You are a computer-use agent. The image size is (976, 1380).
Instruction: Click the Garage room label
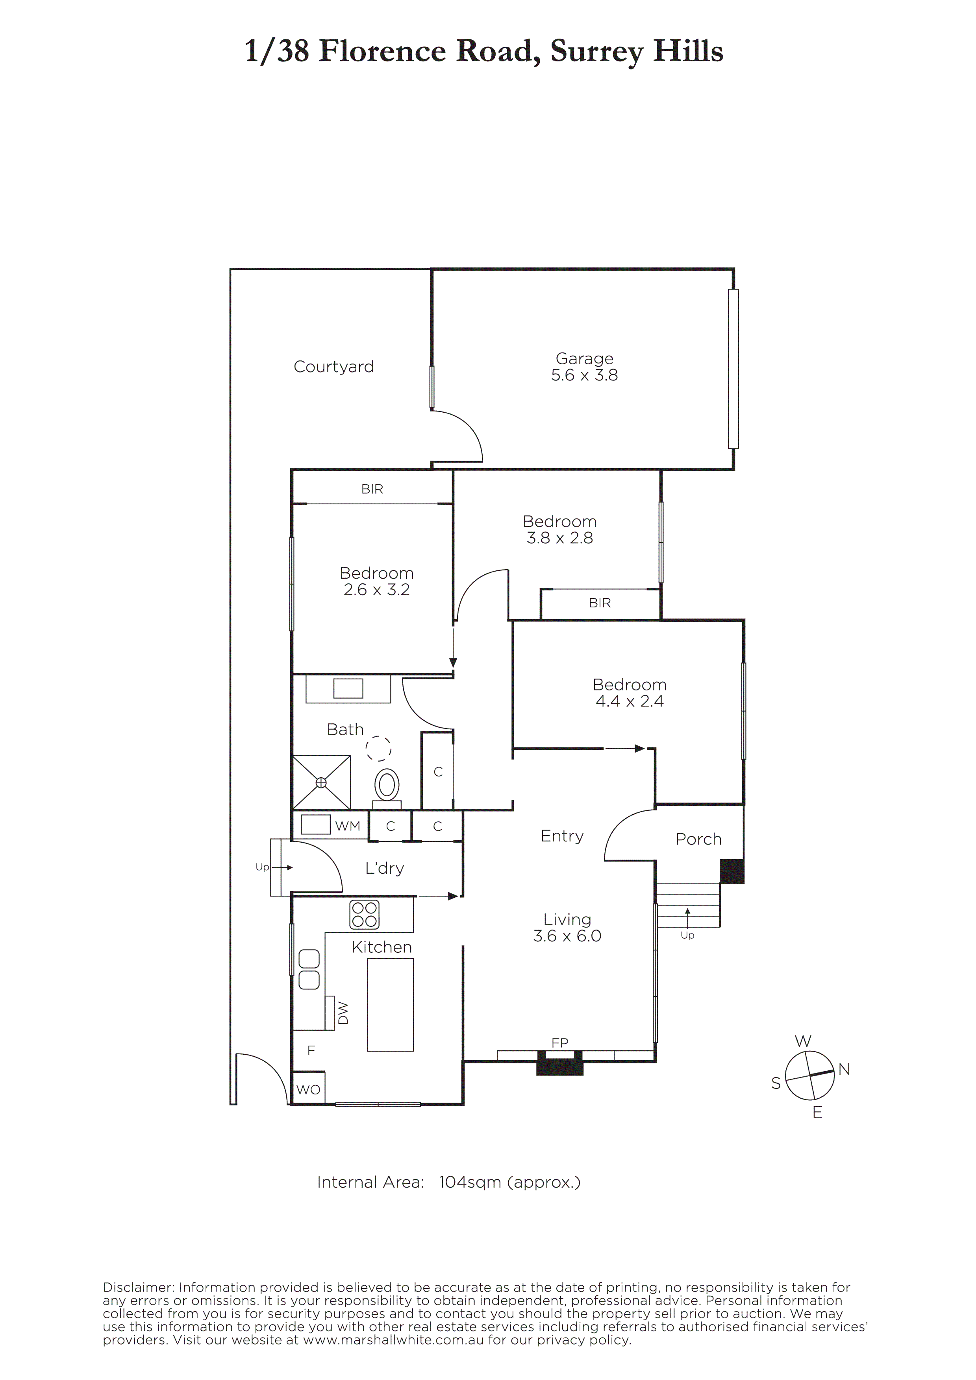(585, 358)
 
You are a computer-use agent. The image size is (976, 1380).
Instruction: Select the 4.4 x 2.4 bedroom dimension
(630, 701)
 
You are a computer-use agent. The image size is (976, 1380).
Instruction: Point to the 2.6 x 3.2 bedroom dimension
(376, 590)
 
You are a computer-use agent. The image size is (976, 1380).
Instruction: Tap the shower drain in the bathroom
(321, 782)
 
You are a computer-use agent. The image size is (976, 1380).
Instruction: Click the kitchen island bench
(390, 1005)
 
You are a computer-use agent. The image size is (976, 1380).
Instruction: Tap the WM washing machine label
(348, 827)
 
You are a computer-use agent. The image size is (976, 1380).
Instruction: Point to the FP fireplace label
(560, 1043)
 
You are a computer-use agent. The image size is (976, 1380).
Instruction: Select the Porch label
(698, 839)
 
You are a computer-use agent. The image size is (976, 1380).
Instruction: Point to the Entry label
(562, 836)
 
